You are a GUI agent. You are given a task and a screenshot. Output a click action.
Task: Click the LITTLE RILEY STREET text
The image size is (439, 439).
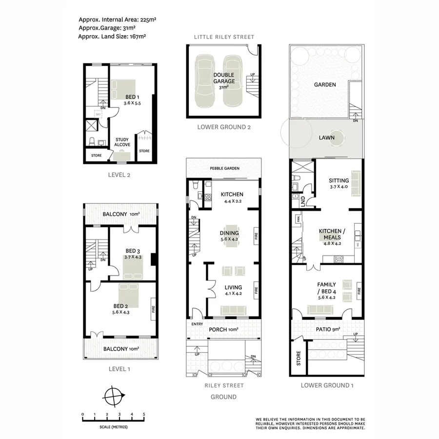coord(224,37)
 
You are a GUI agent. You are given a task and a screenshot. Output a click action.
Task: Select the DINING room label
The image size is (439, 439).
coord(229,233)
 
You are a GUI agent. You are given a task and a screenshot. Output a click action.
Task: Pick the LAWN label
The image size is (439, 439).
coord(326,138)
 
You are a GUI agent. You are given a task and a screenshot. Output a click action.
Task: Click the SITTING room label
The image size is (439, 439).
coord(339,180)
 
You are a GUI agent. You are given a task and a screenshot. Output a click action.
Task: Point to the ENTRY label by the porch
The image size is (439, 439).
coord(197,324)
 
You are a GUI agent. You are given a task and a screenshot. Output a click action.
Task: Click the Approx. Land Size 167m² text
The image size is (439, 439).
coord(113,36)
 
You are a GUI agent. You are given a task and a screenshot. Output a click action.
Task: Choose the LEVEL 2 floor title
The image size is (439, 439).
coord(120,174)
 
